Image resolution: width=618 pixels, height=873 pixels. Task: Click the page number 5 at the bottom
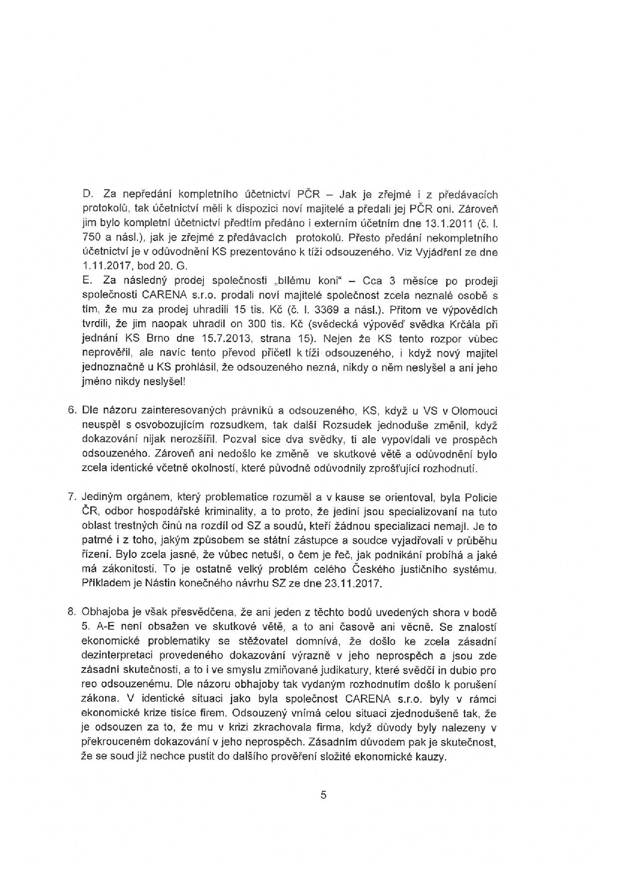(323, 795)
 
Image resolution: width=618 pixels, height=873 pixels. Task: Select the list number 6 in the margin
(71, 411)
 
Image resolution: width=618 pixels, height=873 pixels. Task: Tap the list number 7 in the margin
(71, 498)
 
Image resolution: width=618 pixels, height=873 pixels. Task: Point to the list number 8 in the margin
(71, 612)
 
